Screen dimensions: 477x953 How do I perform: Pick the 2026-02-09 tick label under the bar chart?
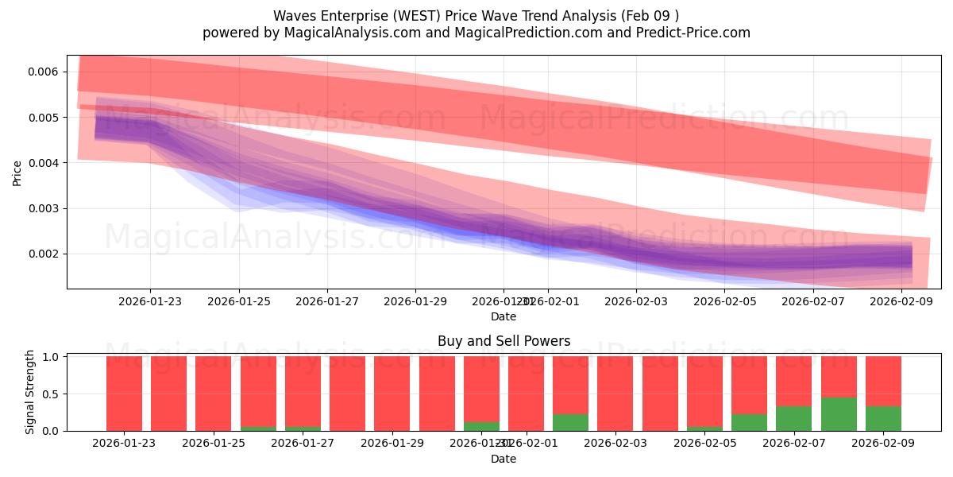[x=883, y=443]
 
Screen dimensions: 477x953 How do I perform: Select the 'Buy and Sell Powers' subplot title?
[x=504, y=341]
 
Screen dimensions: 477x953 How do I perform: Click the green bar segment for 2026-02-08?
[x=839, y=414]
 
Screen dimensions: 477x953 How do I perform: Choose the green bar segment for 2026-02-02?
[x=570, y=422]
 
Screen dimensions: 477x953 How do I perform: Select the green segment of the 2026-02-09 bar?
[x=883, y=418]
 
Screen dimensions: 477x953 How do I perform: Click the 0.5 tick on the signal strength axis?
[x=52, y=394]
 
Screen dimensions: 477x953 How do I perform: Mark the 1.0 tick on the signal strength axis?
[x=52, y=357]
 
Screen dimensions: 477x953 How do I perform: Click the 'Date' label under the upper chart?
[x=504, y=316]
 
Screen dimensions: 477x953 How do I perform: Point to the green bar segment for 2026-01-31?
[x=481, y=426]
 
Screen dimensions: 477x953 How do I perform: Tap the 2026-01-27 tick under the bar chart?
[x=303, y=443]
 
